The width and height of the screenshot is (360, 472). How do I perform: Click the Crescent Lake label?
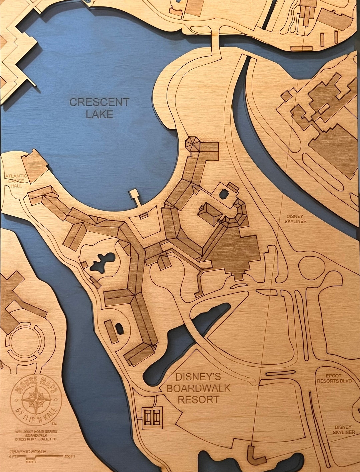tap(99, 108)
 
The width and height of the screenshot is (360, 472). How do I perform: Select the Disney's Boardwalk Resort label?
tap(198, 388)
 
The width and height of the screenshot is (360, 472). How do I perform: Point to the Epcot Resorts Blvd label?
tap(334, 378)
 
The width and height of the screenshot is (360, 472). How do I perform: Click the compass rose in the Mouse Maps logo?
tap(36, 399)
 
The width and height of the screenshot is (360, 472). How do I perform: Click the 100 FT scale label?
tap(31, 462)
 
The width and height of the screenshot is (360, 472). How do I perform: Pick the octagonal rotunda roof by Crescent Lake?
tap(193, 144)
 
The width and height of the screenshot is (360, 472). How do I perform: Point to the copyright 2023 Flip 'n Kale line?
tap(36, 439)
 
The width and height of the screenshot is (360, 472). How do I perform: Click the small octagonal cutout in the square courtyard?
tap(224, 193)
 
